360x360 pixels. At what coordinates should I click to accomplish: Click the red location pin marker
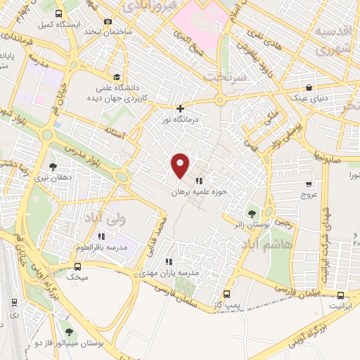click(x=181, y=165)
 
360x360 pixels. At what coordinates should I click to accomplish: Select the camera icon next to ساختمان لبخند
click(x=108, y=22)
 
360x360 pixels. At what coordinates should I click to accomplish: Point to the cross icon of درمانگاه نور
click(x=181, y=108)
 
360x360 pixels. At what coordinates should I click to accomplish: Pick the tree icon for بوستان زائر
click(x=252, y=212)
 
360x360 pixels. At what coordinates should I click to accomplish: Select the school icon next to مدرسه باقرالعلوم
click(x=103, y=236)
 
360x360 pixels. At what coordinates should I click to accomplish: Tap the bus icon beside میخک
click(x=77, y=266)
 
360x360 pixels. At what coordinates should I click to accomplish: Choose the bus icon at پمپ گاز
click(x=226, y=293)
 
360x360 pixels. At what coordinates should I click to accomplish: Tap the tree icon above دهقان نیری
click(x=53, y=167)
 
